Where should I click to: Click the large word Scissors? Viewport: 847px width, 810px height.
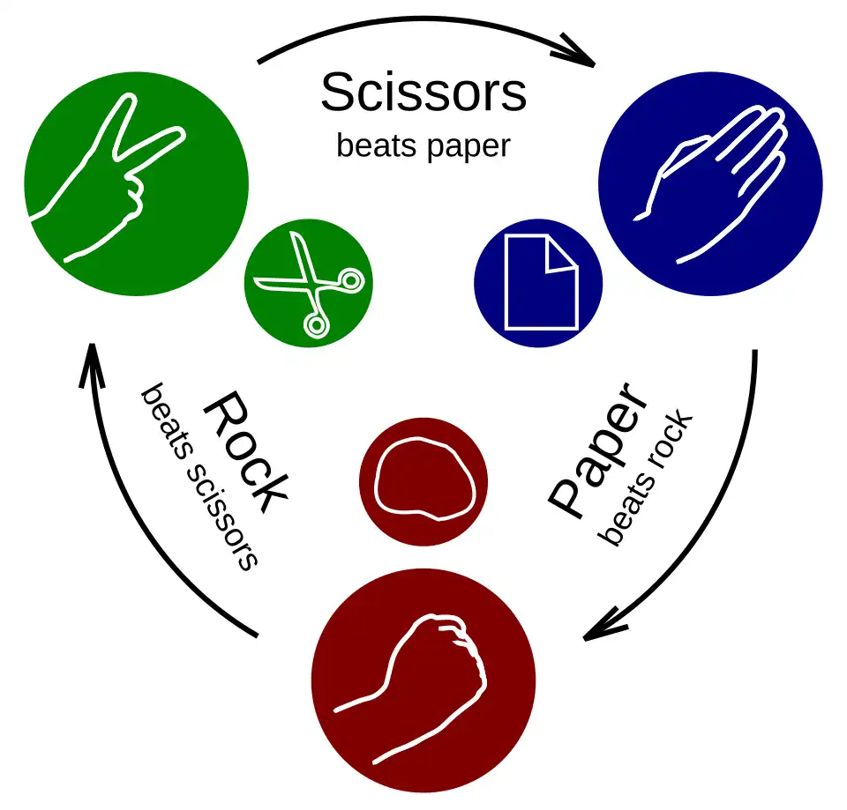pos(423,93)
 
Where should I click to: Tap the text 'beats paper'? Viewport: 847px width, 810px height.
pos(423,145)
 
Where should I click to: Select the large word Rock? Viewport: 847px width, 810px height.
pos(246,452)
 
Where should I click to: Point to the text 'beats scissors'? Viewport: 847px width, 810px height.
pos(199,477)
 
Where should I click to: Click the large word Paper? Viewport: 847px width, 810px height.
pos(597,450)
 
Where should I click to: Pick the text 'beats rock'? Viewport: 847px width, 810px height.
pos(644,478)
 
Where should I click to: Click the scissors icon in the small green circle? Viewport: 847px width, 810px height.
pos(310,284)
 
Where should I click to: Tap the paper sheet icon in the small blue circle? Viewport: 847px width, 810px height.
pos(542,282)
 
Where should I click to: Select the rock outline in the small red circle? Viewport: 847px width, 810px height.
pos(425,479)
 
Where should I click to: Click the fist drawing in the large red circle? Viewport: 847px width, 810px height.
pos(410,688)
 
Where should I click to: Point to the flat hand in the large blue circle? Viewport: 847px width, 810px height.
pos(709,184)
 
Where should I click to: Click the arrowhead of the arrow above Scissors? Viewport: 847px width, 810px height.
pos(577,51)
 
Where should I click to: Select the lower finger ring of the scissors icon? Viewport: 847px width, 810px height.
pos(316,325)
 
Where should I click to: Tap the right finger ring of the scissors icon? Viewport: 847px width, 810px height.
pos(352,280)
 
